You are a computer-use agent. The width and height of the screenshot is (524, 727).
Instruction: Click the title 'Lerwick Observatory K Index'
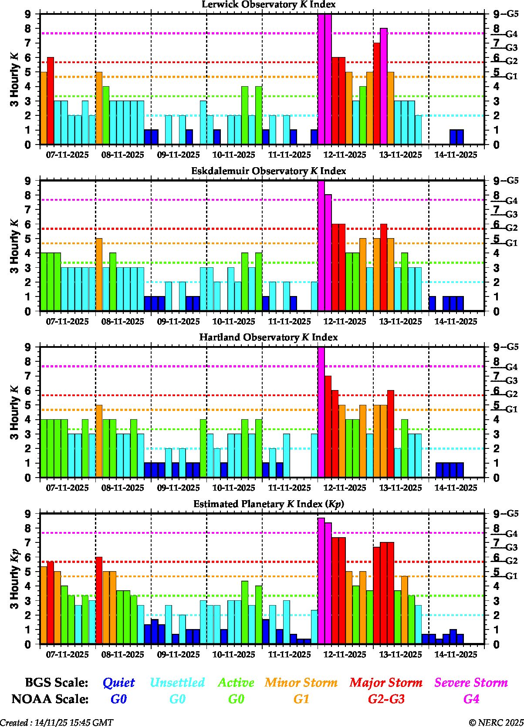268,5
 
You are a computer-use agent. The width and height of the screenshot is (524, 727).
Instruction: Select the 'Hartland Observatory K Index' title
268,337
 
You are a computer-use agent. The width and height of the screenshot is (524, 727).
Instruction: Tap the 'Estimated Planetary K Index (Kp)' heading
268,504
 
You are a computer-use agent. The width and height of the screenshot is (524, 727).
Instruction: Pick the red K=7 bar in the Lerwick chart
377,94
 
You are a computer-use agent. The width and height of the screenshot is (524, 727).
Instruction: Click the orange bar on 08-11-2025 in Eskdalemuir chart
99,275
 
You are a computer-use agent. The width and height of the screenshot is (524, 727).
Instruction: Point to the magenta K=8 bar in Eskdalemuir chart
328,253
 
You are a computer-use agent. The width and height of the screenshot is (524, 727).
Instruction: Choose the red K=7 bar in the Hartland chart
328,427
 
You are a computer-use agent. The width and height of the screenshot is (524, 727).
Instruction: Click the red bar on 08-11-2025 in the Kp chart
99,601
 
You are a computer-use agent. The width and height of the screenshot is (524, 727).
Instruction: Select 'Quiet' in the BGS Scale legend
118,683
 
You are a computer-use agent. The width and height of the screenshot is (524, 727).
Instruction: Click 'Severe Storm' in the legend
471,683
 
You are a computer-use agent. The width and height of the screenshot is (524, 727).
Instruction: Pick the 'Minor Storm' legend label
301,683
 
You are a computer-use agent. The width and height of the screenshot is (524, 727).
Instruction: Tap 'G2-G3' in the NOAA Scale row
386,699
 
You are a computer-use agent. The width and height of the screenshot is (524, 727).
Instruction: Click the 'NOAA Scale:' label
50,699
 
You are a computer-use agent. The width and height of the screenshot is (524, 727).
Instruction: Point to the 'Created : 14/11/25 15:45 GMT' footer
57,723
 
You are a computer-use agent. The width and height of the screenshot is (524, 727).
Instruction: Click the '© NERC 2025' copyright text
496,723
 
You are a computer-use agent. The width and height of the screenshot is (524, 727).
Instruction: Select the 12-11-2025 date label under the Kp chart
345,655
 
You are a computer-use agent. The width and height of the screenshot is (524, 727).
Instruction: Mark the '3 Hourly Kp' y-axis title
15,579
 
